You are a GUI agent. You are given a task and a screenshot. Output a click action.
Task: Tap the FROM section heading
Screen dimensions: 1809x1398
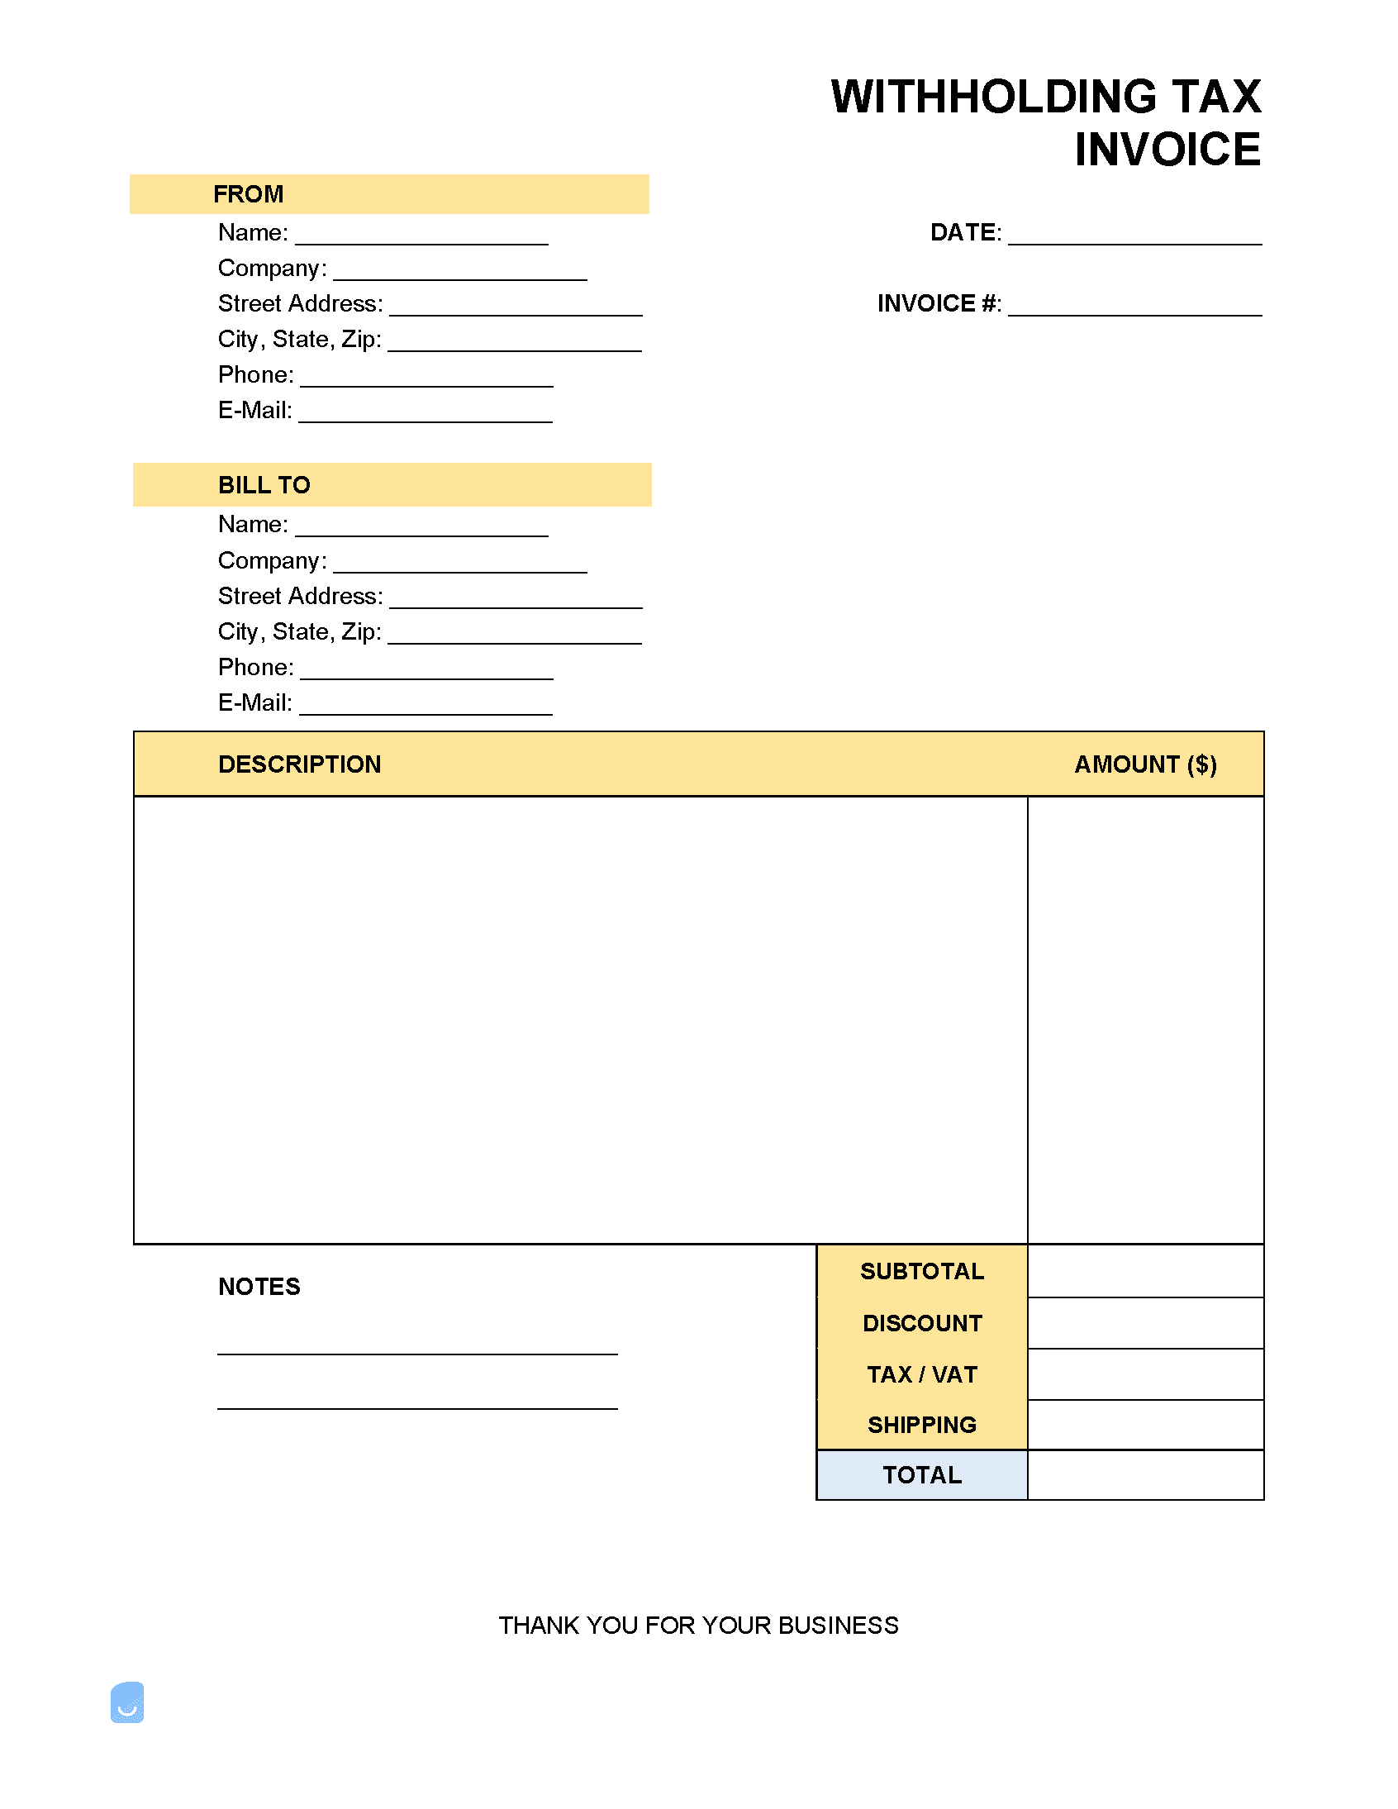[249, 195]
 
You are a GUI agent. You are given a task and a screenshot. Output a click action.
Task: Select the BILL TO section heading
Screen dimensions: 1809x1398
[264, 485]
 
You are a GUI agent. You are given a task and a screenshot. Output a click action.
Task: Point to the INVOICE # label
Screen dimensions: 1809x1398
[939, 304]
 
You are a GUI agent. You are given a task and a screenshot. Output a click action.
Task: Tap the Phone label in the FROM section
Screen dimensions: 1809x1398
[255, 375]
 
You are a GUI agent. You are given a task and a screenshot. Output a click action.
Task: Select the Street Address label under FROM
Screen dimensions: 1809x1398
[300, 304]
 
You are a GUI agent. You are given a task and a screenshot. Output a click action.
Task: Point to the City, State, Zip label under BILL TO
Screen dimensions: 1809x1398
[299, 632]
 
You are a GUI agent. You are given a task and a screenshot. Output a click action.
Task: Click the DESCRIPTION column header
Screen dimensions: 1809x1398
[300, 764]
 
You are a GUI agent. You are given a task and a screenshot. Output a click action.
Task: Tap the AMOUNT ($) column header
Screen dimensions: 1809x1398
[1145, 764]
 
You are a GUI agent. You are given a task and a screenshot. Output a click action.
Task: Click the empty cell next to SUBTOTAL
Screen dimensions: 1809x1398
[1145, 1272]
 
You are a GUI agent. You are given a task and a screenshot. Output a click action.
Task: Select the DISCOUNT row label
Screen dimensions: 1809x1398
[922, 1324]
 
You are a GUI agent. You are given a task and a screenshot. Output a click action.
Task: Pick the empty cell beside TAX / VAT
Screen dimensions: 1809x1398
[1145, 1375]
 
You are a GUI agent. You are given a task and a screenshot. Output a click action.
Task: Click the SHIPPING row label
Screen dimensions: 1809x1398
[922, 1426]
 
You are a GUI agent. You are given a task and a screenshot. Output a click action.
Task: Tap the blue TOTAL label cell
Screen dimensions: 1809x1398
[922, 1475]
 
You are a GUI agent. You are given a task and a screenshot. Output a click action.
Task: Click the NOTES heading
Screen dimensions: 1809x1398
[259, 1288]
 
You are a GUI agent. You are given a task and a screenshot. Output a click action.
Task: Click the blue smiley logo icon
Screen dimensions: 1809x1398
[127, 1703]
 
